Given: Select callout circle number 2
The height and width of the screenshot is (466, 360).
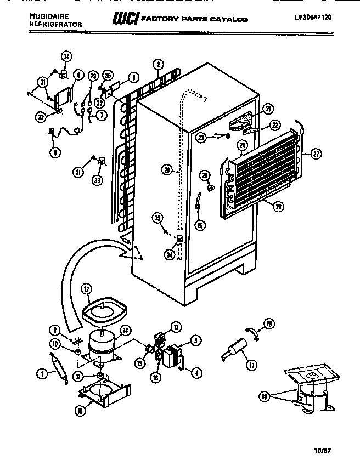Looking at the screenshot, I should (x=157, y=64).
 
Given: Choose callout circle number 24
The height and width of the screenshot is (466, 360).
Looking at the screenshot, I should (x=241, y=145).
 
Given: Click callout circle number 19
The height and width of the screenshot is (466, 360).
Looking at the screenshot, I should (x=81, y=410).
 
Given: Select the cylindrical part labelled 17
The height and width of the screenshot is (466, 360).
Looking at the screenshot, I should (x=235, y=348).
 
